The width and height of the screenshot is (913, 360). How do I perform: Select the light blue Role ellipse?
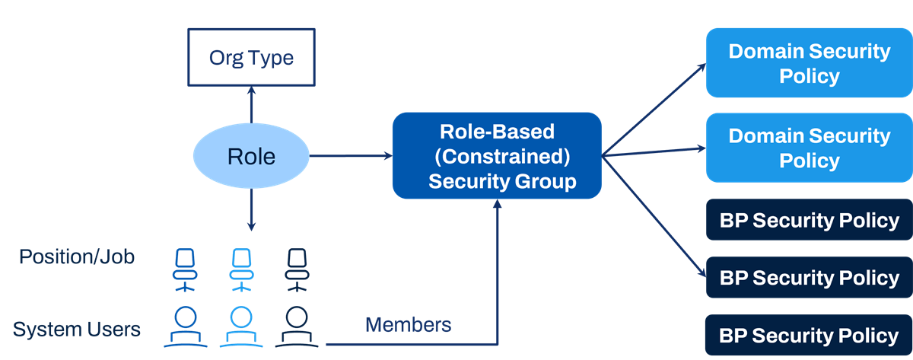[251, 156]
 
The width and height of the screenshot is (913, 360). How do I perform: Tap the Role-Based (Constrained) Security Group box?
[497, 156]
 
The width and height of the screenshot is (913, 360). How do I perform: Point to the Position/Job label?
[77, 256]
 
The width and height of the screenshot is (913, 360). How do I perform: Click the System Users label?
[77, 329]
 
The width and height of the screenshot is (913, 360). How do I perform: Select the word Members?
[408, 325]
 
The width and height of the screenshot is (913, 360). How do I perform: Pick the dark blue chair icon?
[185, 270]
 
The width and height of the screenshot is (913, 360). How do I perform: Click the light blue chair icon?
[241, 270]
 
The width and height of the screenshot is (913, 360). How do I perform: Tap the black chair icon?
[297, 270]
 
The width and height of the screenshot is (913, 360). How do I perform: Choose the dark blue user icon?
[186, 327]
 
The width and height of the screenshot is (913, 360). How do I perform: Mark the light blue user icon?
[241, 327]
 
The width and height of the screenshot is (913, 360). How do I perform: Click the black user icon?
[297, 327]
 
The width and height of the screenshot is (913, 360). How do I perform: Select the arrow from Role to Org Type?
[251, 105]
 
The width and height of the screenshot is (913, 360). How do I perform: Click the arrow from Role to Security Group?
[351, 155]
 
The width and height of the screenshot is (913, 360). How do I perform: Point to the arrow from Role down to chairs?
[251, 209]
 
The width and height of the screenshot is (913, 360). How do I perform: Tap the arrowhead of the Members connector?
[498, 203]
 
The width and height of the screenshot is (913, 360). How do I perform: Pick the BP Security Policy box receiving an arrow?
[809, 277]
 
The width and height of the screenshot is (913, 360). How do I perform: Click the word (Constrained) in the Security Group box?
[502, 156]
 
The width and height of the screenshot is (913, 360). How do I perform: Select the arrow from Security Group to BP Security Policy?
[654, 217]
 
